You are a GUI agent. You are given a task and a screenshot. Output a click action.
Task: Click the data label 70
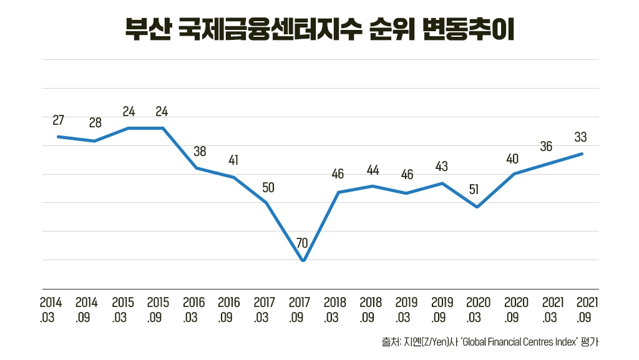[x=303, y=243]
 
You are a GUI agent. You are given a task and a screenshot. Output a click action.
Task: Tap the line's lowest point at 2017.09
[x=303, y=261]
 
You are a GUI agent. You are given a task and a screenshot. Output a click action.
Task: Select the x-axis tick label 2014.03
[x=51, y=309]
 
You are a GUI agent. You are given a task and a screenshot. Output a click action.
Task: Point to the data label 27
[x=58, y=120]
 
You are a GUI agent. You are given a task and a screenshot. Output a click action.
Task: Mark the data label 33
[x=580, y=137]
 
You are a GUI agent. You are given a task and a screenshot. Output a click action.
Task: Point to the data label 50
[x=268, y=187]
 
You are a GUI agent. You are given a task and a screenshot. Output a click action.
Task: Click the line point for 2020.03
[x=477, y=207]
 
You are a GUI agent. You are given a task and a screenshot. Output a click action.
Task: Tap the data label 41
[x=233, y=160]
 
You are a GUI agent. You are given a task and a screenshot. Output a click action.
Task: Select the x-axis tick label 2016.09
[x=230, y=309]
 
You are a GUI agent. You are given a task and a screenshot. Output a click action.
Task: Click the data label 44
[x=373, y=170]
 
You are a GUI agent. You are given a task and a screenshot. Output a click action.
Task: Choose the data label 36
[x=546, y=147]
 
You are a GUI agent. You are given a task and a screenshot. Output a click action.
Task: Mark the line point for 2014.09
[x=94, y=141]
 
